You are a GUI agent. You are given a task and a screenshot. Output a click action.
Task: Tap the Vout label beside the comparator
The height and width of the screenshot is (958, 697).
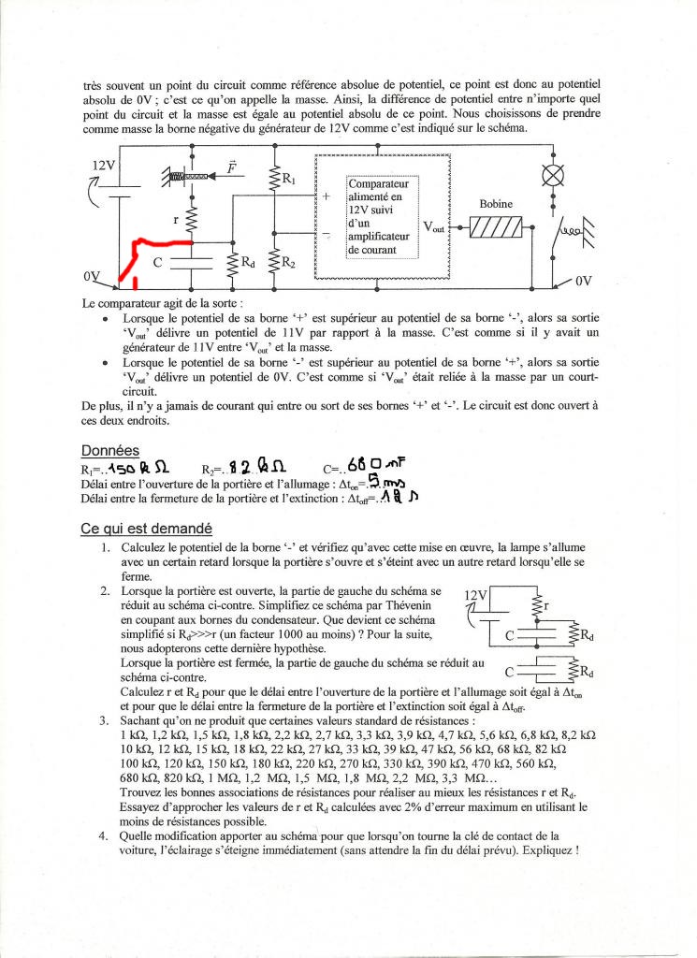[x=434, y=227]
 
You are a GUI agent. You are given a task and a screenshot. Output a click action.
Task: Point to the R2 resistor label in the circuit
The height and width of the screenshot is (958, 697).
[x=289, y=264]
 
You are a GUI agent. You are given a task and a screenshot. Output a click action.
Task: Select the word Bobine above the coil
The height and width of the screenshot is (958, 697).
[x=496, y=203]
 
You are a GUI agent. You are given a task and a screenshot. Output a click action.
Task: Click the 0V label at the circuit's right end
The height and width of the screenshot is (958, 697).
[x=583, y=279]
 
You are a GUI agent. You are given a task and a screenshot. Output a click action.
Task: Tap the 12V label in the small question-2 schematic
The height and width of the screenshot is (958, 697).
[x=475, y=596]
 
